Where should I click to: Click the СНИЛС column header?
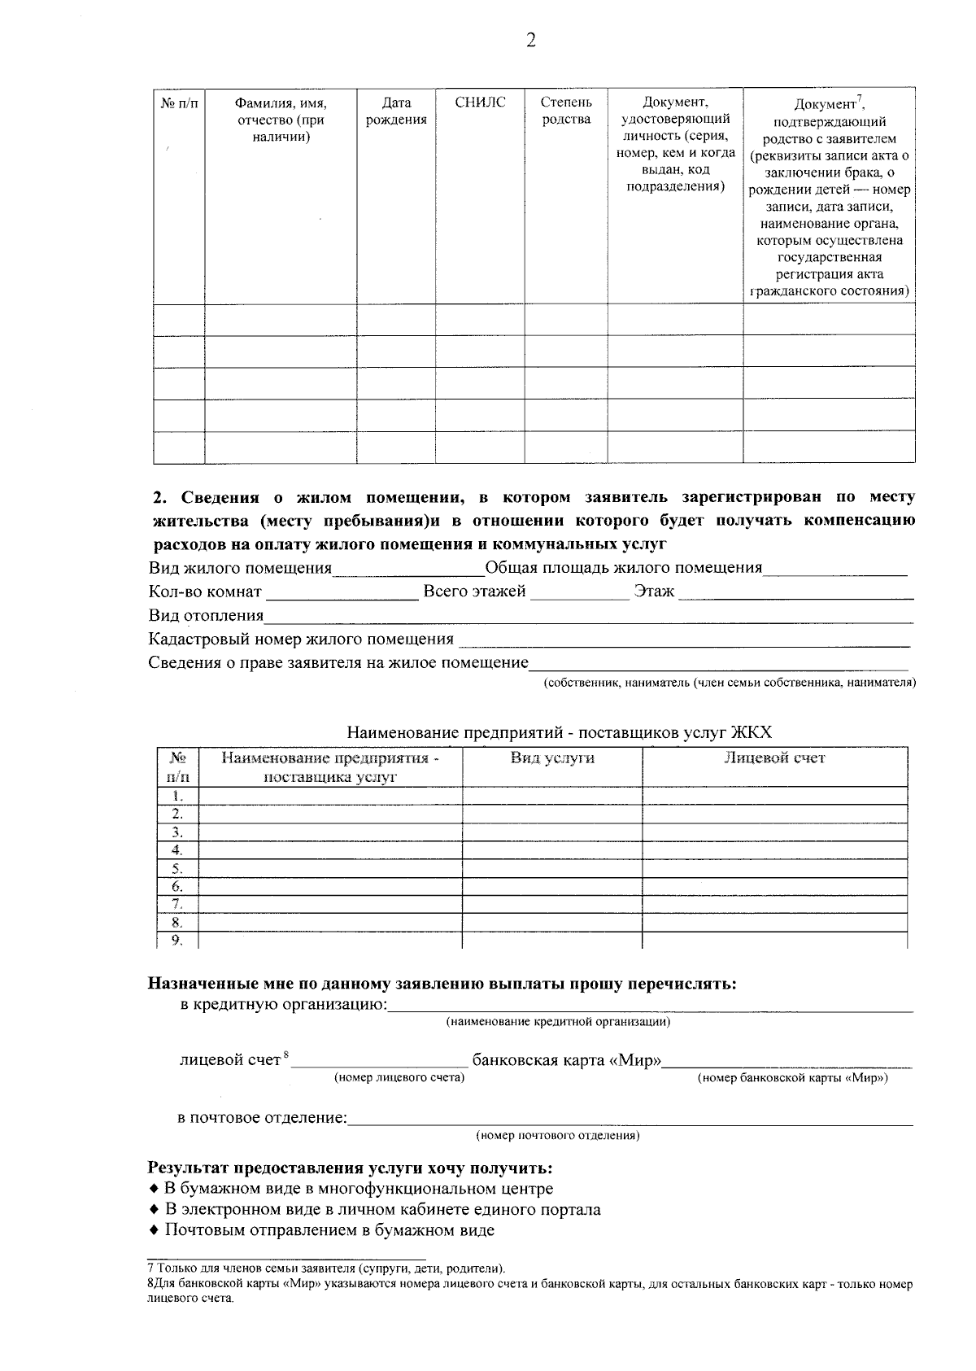[480, 103]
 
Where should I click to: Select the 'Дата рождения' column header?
[396, 111]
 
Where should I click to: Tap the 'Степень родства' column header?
[566, 111]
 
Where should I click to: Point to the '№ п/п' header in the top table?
[179, 103]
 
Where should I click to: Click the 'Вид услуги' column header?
[552, 758]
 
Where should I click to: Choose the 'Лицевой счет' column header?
[774, 758]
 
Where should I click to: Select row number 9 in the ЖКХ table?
[177, 941]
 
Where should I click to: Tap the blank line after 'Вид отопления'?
[589, 617]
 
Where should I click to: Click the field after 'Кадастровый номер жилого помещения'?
[683, 640]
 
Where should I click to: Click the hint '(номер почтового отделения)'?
[558, 1135]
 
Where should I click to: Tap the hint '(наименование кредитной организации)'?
[558, 1022]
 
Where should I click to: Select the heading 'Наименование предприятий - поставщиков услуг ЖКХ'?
[559, 732]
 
